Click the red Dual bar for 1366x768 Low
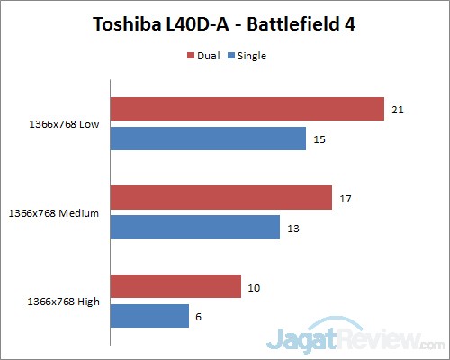click(247, 109)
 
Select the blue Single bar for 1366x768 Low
click(208, 139)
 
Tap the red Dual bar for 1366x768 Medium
click(220, 197)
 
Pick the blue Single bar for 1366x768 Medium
click(194, 227)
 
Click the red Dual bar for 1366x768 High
click(175, 286)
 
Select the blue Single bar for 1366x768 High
click(148, 316)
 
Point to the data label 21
click(398, 109)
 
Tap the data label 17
click(346, 197)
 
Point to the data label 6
click(199, 316)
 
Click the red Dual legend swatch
click(191, 56)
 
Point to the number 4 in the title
click(350, 24)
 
